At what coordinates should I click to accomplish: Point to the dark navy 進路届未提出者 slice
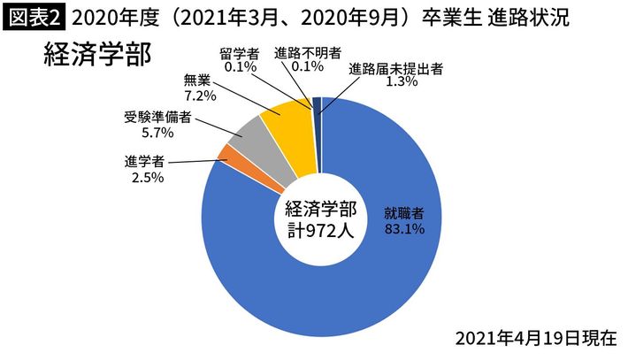pyautogui.click(x=317, y=105)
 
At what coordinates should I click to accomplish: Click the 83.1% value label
pyautogui.click(x=403, y=229)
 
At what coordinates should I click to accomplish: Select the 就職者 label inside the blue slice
pyautogui.click(x=403, y=213)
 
